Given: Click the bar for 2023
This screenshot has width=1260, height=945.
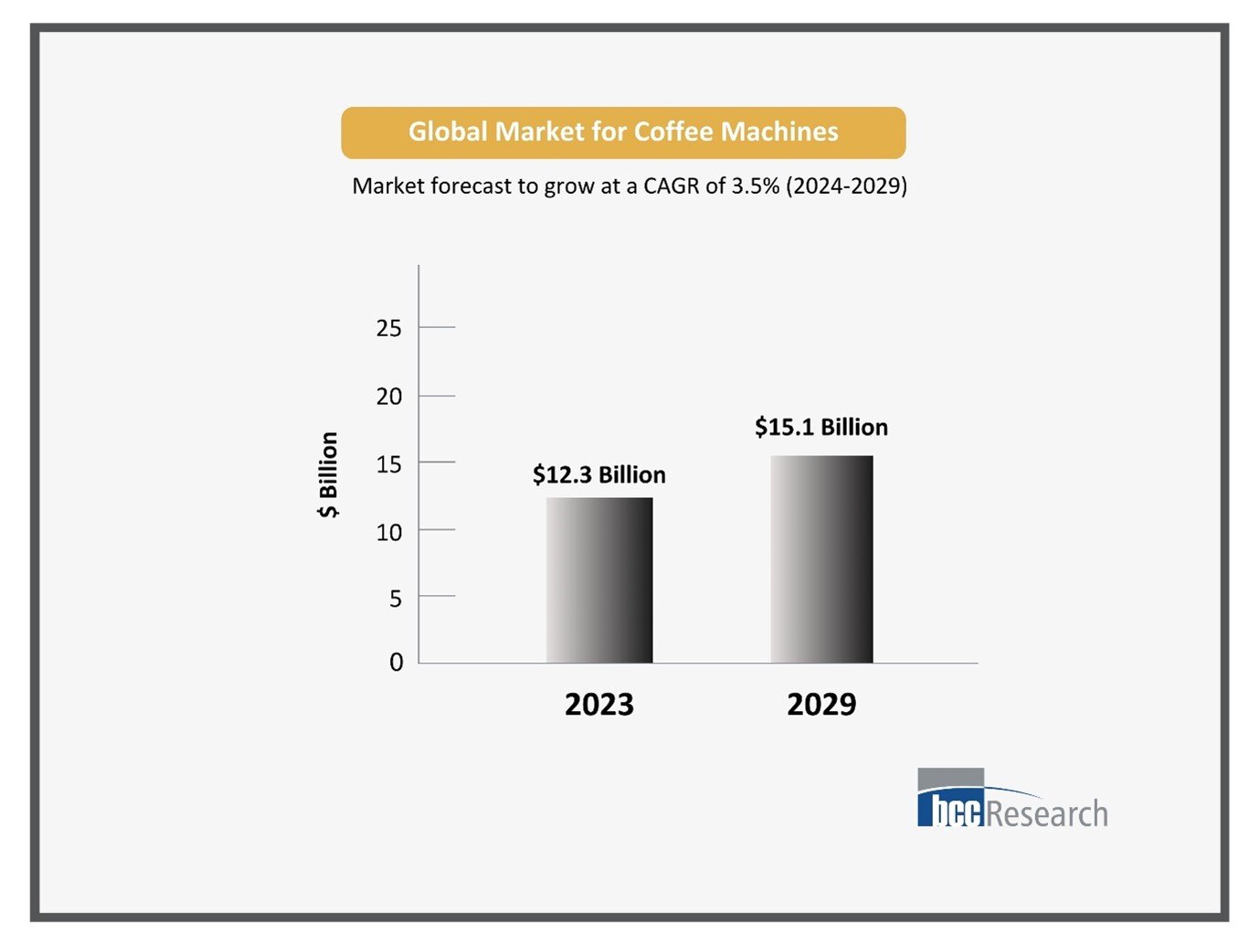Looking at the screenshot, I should click(599, 580).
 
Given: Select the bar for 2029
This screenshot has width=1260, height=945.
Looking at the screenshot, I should click(821, 559).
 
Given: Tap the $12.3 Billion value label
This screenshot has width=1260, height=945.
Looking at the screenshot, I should click(599, 475).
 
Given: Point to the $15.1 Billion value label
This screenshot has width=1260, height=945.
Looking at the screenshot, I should click(821, 428).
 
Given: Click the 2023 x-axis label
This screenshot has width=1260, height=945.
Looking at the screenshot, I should click(599, 705).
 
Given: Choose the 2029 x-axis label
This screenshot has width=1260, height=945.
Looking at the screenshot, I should click(821, 705).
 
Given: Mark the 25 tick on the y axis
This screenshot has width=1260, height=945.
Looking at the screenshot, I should click(389, 328).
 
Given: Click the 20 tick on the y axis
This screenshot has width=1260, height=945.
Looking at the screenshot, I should click(389, 397).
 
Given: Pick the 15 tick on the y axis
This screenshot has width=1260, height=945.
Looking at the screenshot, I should click(389, 464).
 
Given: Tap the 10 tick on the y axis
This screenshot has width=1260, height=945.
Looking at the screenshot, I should click(389, 532).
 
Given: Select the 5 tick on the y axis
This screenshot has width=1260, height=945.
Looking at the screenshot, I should click(395, 599).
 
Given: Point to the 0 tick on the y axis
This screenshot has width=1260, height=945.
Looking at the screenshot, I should click(396, 662).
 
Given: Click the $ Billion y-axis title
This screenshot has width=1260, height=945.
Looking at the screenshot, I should click(328, 474).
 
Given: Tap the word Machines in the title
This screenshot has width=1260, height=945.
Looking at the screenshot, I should click(779, 132).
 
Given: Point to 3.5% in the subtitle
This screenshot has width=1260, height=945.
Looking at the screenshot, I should click(755, 186).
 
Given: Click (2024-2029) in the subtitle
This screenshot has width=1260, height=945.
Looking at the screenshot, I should click(846, 186).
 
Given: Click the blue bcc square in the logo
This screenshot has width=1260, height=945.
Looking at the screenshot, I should click(950, 809).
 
